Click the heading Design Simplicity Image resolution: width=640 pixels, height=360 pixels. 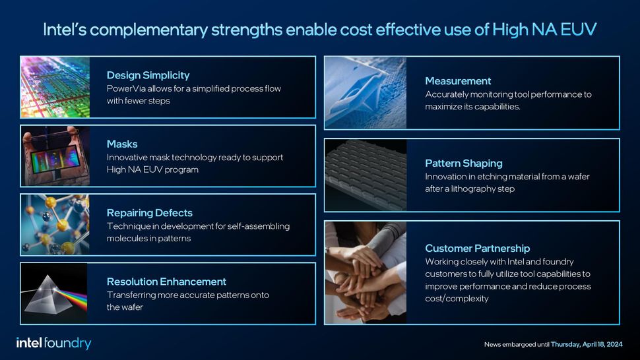[148, 75]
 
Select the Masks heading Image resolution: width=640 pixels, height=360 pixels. [122, 143]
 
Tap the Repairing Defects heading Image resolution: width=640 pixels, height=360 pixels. [149, 212]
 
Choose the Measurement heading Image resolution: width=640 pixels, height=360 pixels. [458, 80]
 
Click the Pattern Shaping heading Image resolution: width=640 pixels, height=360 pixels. [463, 163]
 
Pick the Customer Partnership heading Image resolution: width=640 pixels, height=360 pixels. [477, 248]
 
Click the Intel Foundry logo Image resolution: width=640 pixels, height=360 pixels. [53, 343]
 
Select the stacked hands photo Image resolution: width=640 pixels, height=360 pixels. [365, 272]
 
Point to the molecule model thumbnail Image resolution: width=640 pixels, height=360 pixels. [55, 224]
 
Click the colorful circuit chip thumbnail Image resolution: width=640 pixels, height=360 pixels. [55, 87]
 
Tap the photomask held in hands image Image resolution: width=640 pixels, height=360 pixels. [55, 156]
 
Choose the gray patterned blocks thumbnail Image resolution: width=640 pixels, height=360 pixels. [366, 175]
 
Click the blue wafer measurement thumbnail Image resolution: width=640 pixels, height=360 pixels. [366, 92]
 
